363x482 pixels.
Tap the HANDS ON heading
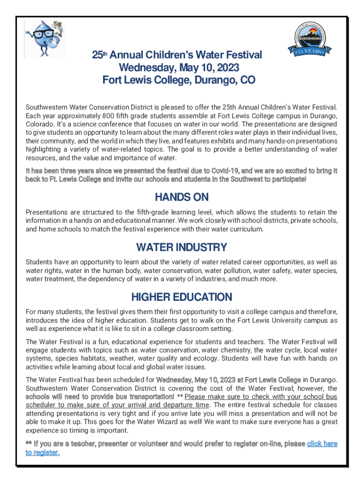pos(181,197)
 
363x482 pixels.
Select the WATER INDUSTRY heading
pos(181,247)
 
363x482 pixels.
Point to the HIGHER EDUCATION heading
pos(181,297)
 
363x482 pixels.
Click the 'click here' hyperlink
pos(322,444)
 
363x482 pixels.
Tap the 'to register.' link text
pos(42,453)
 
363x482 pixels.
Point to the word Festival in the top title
pos(239,56)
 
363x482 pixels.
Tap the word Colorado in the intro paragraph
pos(41,124)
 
